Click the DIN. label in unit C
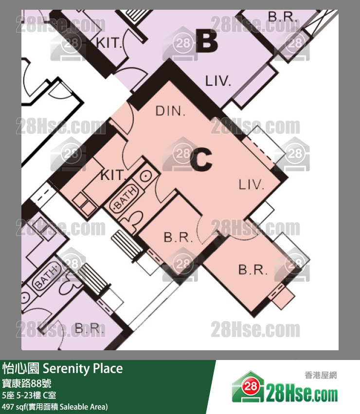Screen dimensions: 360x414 click(x=170, y=111)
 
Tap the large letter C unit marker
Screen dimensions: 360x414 click(x=201, y=159)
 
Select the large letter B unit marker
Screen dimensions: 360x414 click(x=207, y=41)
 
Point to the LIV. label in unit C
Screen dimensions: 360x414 click(x=251, y=184)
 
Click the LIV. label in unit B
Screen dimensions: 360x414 click(x=218, y=81)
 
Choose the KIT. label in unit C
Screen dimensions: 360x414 click(x=113, y=175)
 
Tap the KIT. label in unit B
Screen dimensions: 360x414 click(x=108, y=42)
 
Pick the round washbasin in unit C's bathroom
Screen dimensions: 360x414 click(x=145, y=176)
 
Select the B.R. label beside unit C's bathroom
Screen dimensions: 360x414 click(x=178, y=237)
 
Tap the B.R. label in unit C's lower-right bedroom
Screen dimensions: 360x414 click(x=253, y=270)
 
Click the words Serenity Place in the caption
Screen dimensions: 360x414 click(x=83, y=368)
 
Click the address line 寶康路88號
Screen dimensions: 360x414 click(x=26, y=383)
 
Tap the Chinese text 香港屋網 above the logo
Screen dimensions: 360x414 click(x=321, y=375)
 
